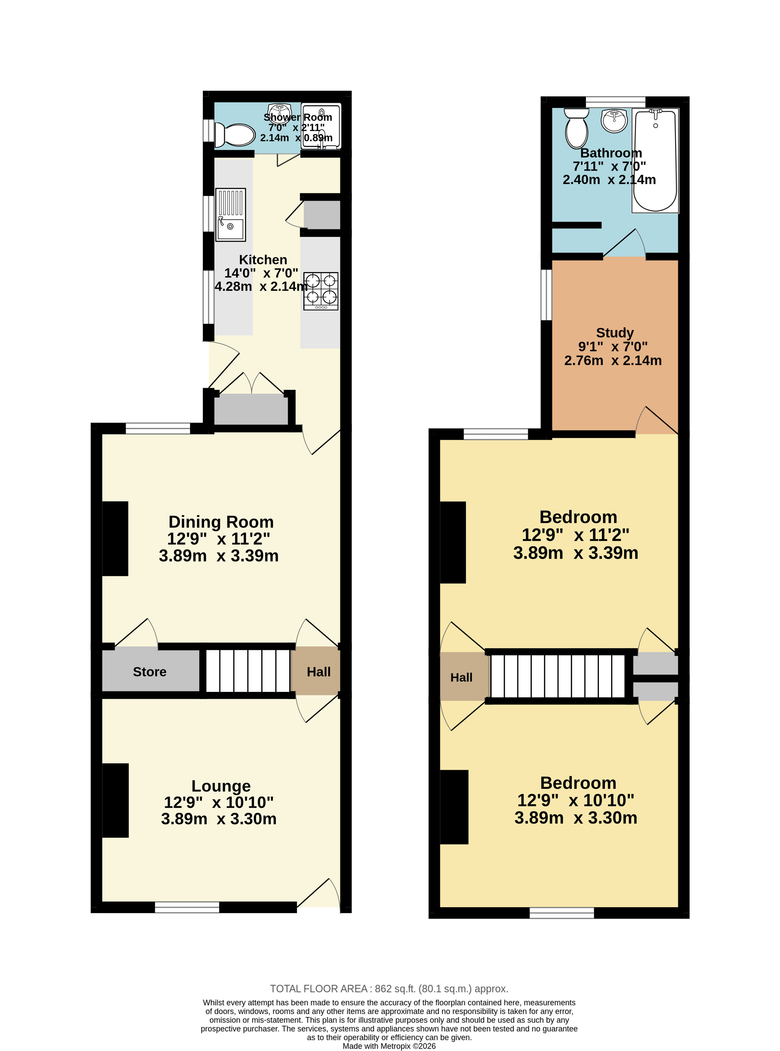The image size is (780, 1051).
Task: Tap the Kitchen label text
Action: (x=263, y=260)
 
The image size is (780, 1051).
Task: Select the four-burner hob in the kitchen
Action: (x=321, y=291)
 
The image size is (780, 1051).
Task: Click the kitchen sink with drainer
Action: (x=231, y=215)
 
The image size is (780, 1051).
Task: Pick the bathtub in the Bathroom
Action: (x=655, y=160)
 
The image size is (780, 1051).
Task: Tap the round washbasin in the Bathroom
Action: (x=614, y=120)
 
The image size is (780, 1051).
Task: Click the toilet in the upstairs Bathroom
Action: (x=577, y=129)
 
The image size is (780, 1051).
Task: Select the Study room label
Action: (x=615, y=333)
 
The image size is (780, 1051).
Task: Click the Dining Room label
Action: (x=221, y=522)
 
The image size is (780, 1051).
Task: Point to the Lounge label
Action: (x=221, y=786)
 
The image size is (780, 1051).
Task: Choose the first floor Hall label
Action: (x=461, y=677)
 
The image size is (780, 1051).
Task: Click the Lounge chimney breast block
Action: (x=115, y=800)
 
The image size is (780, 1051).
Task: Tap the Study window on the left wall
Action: (x=546, y=295)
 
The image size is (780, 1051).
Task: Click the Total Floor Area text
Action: (x=389, y=988)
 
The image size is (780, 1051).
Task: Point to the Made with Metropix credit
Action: (x=389, y=1046)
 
